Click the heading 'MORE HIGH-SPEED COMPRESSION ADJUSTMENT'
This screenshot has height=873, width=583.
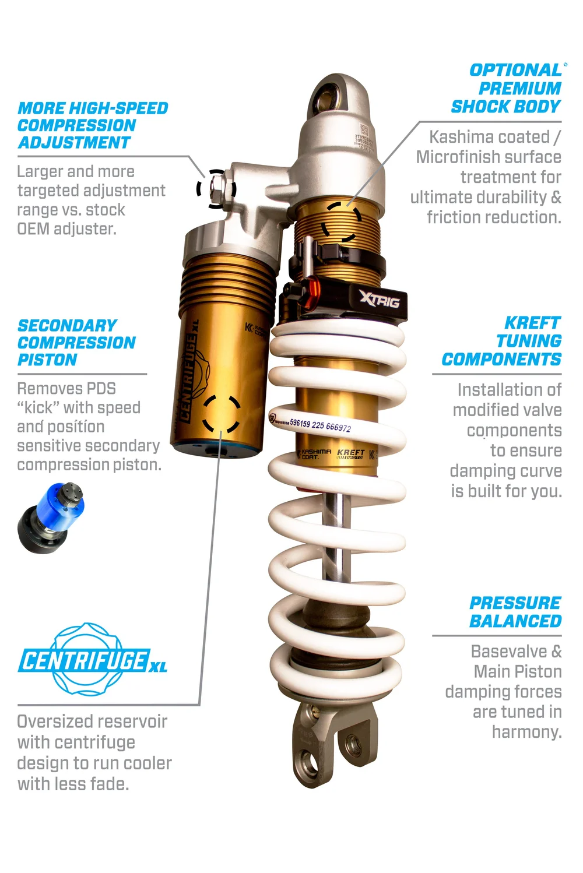click(x=92, y=125)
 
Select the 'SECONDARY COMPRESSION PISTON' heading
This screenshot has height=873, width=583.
click(x=76, y=343)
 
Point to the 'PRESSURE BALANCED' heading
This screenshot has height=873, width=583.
click(x=515, y=612)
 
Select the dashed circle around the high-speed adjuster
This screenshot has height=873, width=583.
click(x=216, y=188)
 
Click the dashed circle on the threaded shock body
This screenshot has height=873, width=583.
click(x=343, y=222)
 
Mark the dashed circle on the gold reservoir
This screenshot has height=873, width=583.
click(x=222, y=414)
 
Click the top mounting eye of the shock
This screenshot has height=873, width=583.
click(x=337, y=97)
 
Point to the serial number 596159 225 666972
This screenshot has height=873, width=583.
click(x=320, y=424)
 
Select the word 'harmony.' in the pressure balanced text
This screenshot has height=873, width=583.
click(x=526, y=731)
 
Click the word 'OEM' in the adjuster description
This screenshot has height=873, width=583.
click(x=33, y=229)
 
